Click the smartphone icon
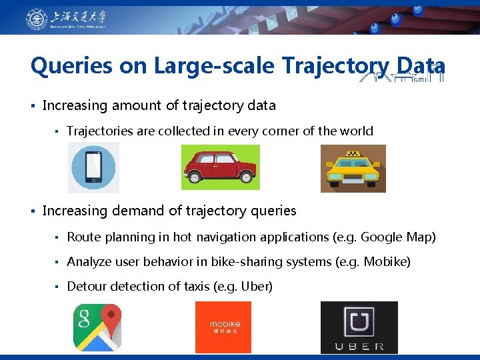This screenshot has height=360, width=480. tap(93, 167)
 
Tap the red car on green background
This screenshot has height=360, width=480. tap(220, 167)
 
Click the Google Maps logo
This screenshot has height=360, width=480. tap(97, 327)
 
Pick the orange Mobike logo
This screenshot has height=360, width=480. tap(223, 327)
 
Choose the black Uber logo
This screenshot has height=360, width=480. tap(359, 327)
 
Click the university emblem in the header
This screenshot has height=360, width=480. tap(37, 19)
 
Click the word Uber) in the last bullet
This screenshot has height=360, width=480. tap(255, 287)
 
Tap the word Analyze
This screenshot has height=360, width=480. tap(89, 262)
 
